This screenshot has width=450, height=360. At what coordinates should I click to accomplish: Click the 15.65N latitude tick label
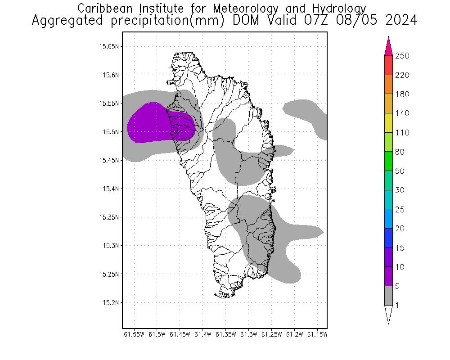(109, 46)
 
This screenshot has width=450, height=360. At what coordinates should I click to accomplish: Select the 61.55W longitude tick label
(134, 334)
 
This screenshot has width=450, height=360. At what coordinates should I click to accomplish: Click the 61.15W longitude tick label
(317, 334)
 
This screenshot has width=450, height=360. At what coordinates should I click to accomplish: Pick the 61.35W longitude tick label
(225, 334)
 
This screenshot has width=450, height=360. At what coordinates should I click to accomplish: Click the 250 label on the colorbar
(402, 56)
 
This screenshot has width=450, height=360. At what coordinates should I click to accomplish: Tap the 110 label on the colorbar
(402, 133)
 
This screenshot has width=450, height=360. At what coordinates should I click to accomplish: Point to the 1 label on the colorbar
(397, 306)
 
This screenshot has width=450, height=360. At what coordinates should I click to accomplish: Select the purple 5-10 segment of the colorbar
(389, 276)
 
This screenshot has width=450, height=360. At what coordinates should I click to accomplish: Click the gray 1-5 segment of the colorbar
(389, 296)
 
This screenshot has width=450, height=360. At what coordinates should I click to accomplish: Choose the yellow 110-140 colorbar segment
(389, 123)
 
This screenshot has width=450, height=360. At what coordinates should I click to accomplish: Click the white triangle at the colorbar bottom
(389, 314)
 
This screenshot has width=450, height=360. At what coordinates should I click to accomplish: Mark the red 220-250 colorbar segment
(389, 65)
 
